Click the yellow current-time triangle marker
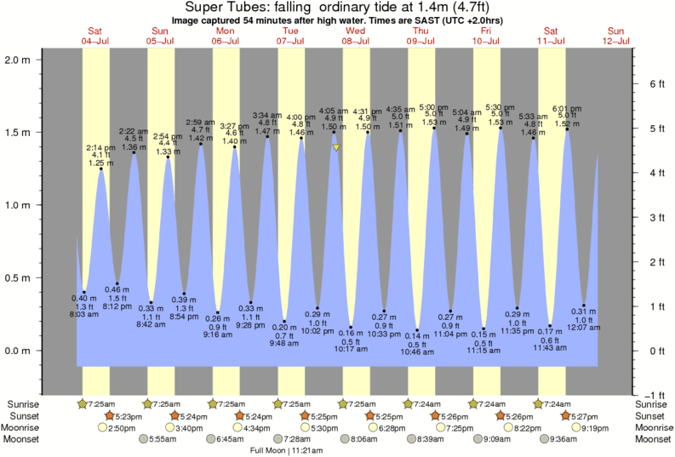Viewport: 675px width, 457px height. pos(337,147)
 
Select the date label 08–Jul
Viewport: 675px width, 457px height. pos(355,41)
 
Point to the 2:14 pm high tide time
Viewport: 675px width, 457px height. pos(100,146)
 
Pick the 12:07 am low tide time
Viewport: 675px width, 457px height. pos(584,328)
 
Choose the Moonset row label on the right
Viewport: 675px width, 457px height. pos(651,439)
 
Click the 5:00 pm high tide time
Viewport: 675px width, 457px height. pos(434,106)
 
